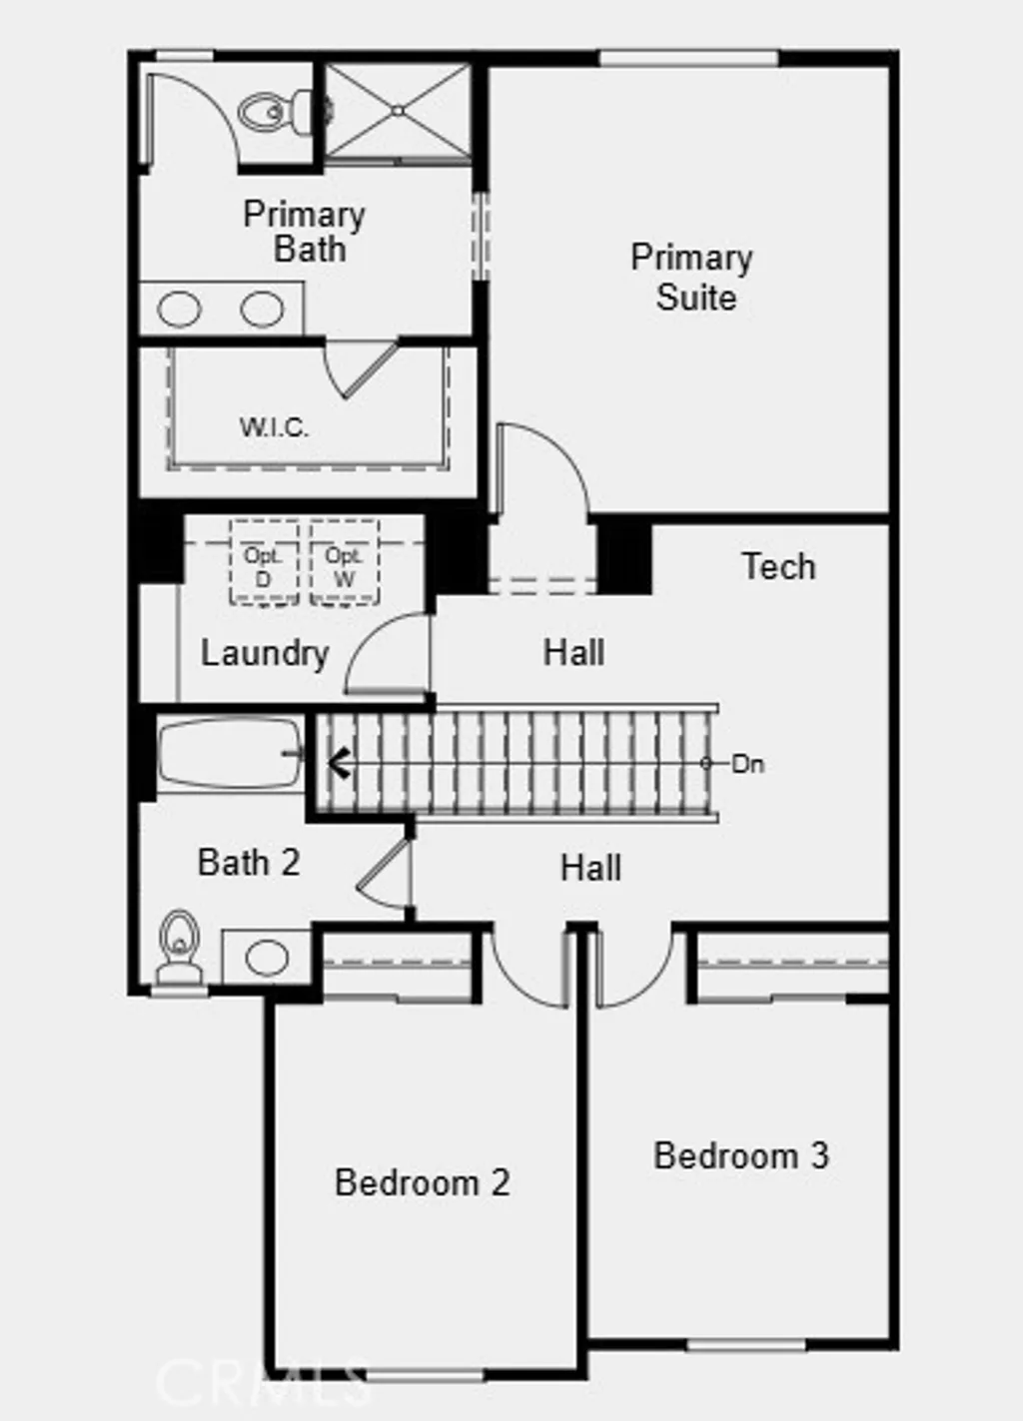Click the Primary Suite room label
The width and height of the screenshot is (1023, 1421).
point(691,277)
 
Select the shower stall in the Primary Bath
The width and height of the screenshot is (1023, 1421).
point(398,110)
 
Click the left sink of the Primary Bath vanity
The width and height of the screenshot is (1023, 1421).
point(180,310)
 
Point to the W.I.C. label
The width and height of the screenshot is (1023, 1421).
point(274,427)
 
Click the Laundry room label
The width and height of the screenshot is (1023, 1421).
point(265,653)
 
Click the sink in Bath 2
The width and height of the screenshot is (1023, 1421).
point(266,957)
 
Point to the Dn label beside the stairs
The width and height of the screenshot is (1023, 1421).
point(747,764)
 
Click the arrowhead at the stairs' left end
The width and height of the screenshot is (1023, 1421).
point(337,764)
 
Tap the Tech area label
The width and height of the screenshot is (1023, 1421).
point(778,566)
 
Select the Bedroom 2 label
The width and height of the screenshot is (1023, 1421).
point(422,1182)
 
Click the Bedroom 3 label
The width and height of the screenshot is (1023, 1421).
point(740,1155)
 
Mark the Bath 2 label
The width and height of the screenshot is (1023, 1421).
point(249,862)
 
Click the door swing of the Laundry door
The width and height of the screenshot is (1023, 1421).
point(385,654)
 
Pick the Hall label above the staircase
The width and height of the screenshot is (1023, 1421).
point(573,653)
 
